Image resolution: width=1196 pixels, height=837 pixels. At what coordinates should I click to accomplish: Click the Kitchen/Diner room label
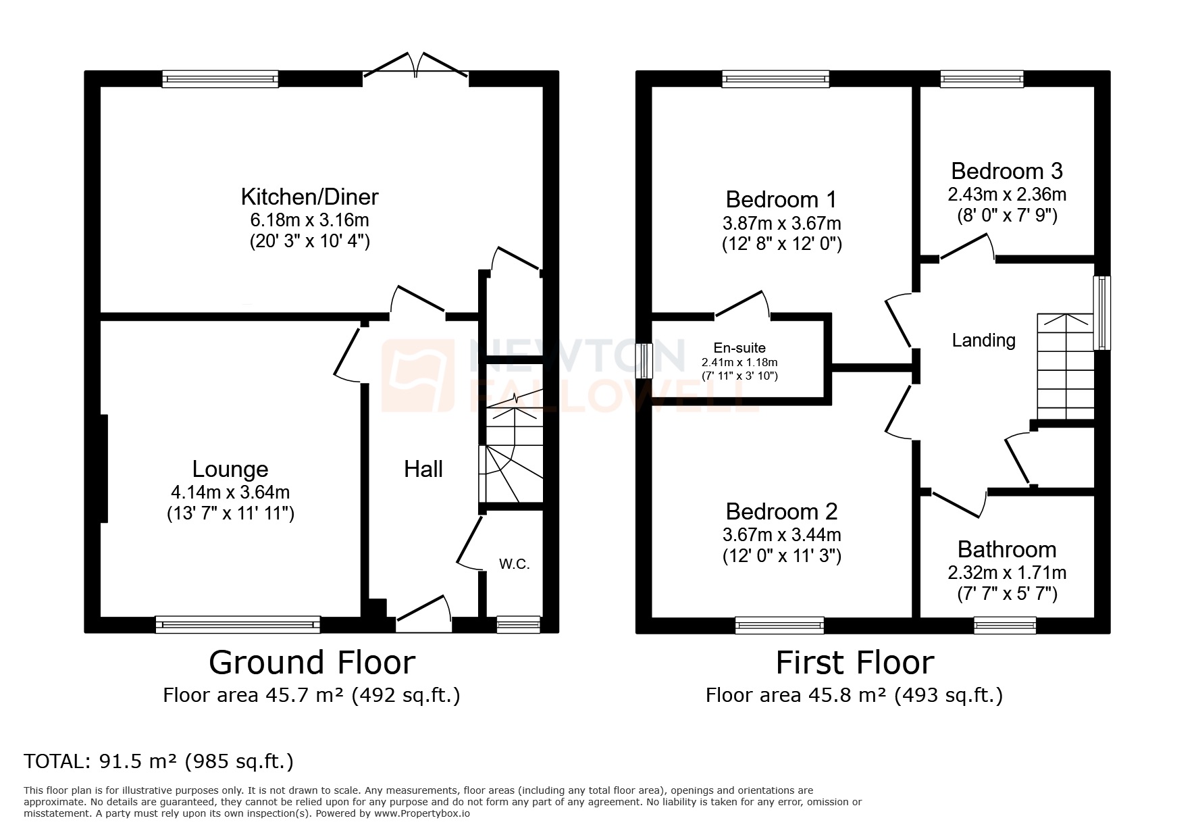[x=309, y=197]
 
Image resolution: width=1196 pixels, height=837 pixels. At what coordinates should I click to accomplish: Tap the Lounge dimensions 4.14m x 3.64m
[x=230, y=492]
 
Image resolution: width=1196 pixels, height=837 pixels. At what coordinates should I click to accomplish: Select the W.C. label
[x=514, y=564]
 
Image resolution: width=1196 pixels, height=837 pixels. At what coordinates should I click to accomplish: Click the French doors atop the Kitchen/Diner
[x=415, y=68]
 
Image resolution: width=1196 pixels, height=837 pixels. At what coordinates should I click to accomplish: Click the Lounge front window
[x=238, y=624]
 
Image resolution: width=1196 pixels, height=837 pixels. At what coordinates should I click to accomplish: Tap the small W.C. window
[x=518, y=624]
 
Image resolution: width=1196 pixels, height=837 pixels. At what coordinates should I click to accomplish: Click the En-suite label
[x=739, y=348]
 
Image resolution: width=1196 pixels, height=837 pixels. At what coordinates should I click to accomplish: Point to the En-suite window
[x=644, y=361]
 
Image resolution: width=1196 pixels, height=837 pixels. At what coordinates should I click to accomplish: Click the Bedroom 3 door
[x=966, y=248]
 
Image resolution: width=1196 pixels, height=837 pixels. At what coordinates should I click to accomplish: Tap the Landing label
[x=983, y=340]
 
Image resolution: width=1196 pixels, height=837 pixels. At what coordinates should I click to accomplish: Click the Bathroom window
[x=1005, y=625]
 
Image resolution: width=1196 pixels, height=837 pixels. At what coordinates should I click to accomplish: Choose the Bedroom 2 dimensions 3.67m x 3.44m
[x=781, y=535]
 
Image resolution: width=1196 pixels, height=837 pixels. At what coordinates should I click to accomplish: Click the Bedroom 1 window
[x=775, y=79]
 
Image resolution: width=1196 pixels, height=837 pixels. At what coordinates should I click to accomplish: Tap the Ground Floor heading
[x=311, y=663]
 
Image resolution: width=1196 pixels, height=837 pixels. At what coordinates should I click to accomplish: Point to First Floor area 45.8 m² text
[x=854, y=695]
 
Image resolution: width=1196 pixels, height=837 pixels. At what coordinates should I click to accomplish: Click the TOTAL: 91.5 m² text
[x=159, y=761]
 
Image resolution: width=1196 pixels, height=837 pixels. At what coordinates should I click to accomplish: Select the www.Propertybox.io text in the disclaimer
[x=422, y=814]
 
